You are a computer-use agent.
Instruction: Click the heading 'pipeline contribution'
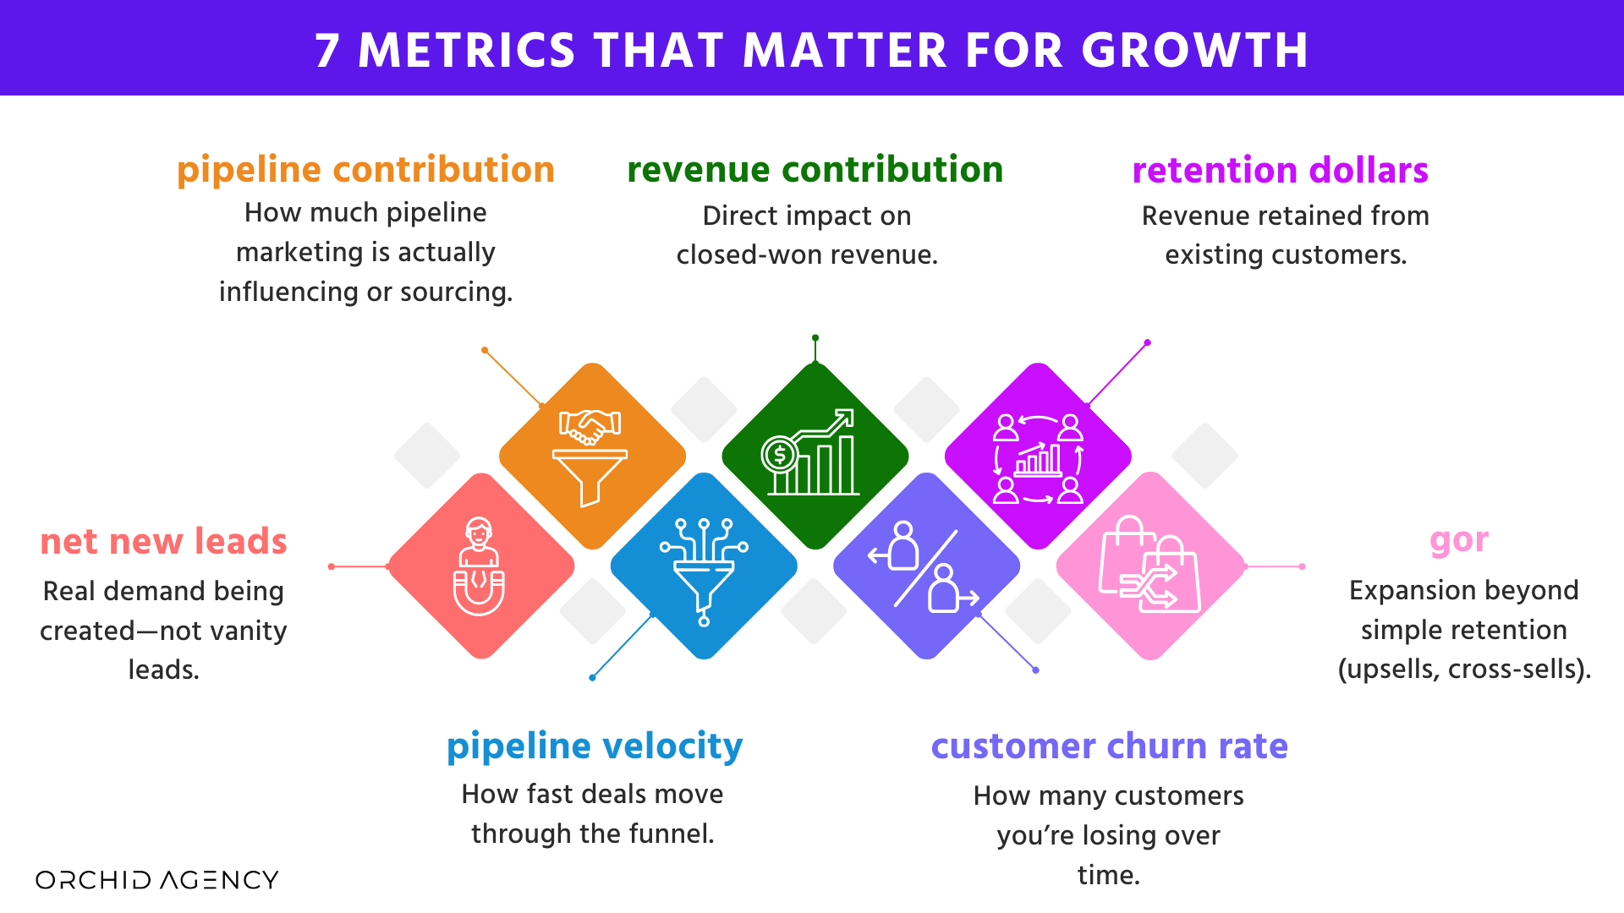(365, 170)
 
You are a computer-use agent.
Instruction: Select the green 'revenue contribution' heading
(815, 170)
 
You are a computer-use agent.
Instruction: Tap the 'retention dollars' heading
(1280, 171)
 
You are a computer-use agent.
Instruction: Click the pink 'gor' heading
(1459, 541)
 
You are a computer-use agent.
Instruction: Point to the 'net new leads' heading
(163, 542)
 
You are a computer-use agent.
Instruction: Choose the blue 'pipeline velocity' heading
(595, 746)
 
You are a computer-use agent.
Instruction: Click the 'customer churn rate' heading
(1109, 746)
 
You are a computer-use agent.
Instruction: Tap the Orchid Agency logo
(157, 880)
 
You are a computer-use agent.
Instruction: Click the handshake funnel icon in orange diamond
(591, 456)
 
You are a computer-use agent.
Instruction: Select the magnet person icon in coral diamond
(480, 566)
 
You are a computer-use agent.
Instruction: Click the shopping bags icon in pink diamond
(1149, 565)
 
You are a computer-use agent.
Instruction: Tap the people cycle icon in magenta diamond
(1038, 458)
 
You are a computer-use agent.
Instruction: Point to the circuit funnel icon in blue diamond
(704, 568)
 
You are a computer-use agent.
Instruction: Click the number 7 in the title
(327, 51)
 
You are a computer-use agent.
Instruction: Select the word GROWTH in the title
(1195, 51)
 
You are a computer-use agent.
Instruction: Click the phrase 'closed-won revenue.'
(807, 255)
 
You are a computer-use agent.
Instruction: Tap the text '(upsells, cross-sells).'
(1464, 670)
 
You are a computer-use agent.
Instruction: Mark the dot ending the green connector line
(815, 338)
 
